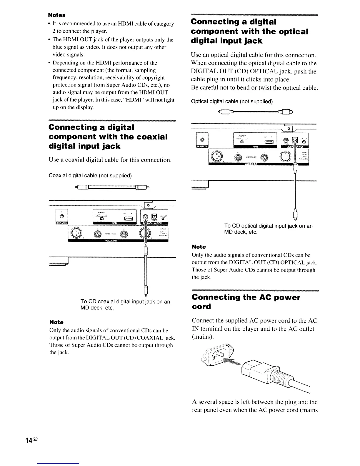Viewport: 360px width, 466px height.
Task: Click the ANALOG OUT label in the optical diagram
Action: pyautogui.click(x=251, y=164)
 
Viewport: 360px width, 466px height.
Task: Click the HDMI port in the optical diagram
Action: pyautogui.click(x=270, y=142)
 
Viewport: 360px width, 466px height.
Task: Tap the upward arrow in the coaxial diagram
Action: pyautogui.click(x=145, y=229)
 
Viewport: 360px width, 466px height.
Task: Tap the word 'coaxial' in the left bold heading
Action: pyautogui.click(x=148, y=137)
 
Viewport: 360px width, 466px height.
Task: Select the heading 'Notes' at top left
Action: pyautogui.click(x=57, y=15)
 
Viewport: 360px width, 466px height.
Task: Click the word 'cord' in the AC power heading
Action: pyautogui.click(x=201, y=307)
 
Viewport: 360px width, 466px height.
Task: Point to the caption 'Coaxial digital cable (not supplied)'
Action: pyautogui.click(x=90, y=176)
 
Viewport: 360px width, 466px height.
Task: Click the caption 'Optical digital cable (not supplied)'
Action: pyautogui.click(x=232, y=101)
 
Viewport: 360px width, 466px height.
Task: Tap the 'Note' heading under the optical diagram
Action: pyautogui.click(x=199, y=247)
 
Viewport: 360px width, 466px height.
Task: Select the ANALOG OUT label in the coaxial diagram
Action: pyautogui.click(x=110, y=240)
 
